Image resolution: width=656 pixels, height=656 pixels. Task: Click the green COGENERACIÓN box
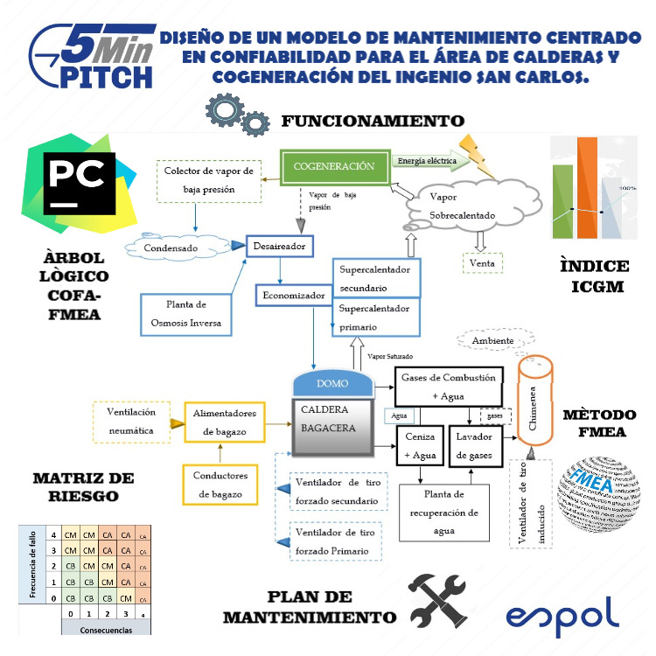(x=333, y=166)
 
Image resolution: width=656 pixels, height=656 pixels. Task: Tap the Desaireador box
(x=279, y=248)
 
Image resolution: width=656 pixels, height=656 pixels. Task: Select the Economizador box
(x=293, y=296)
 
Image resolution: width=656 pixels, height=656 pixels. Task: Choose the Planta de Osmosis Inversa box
(x=186, y=314)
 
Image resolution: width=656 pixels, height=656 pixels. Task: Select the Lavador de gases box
(x=473, y=445)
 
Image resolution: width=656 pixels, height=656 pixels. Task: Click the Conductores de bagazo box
(x=220, y=485)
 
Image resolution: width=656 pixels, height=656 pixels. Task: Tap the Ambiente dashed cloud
(x=492, y=340)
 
